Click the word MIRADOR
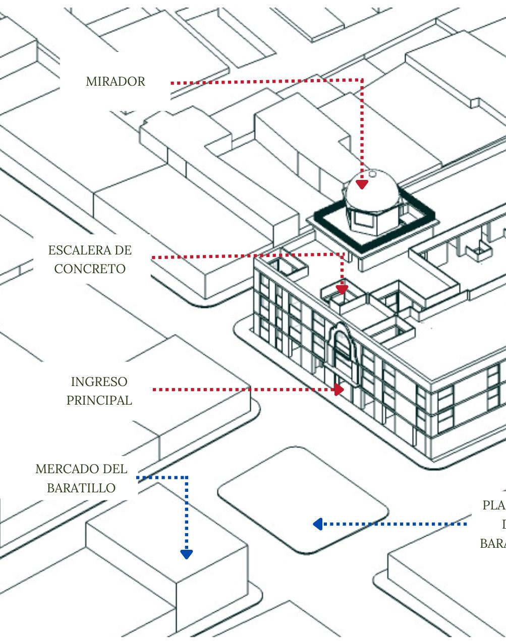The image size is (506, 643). pyautogui.click(x=116, y=82)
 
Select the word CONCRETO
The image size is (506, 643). pyautogui.click(x=90, y=269)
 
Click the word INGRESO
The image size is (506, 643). pyautogui.click(x=99, y=381)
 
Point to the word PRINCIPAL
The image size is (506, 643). pyautogui.click(x=99, y=400)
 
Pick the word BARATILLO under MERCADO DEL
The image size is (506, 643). pyautogui.click(x=81, y=488)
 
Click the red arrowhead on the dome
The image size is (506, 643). pyautogui.click(x=362, y=184)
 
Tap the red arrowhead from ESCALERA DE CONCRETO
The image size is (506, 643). pyautogui.click(x=342, y=290)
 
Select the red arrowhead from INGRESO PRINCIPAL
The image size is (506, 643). pyautogui.click(x=340, y=390)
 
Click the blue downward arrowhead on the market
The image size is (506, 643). pyautogui.click(x=187, y=554)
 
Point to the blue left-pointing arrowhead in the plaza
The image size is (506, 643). pyautogui.click(x=317, y=525)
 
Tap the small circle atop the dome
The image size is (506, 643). pyautogui.click(x=372, y=173)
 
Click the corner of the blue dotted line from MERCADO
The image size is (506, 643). pyautogui.click(x=187, y=477)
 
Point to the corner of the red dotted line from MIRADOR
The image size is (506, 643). pyautogui.click(x=362, y=80)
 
